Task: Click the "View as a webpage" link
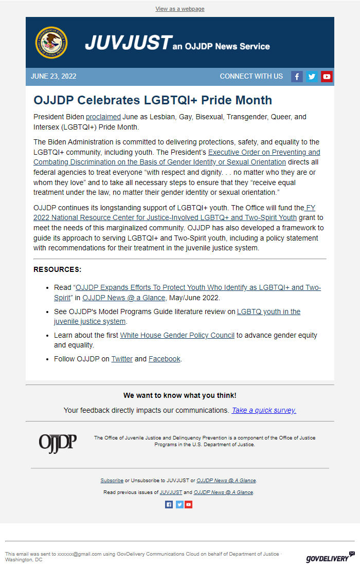tap(180, 9)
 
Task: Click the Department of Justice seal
tap(51, 43)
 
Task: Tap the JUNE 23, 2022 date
tap(53, 77)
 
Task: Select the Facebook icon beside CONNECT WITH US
tap(297, 77)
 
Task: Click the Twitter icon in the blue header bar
tap(312, 77)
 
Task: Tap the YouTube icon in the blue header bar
tap(327, 77)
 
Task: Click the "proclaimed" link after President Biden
tap(103, 117)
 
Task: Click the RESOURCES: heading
tap(57, 269)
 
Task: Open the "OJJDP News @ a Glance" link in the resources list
tap(123, 298)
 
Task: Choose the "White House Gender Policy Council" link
tap(177, 335)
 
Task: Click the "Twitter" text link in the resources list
tap(122, 359)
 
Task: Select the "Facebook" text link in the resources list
tap(165, 359)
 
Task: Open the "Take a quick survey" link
tap(264, 410)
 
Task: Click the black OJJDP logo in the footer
tap(58, 443)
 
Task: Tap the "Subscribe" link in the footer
tap(112, 481)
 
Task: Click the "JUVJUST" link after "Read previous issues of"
tap(171, 492)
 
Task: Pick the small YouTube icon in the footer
tap(189, 505)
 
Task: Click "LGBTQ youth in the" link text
tap(268, 312)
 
